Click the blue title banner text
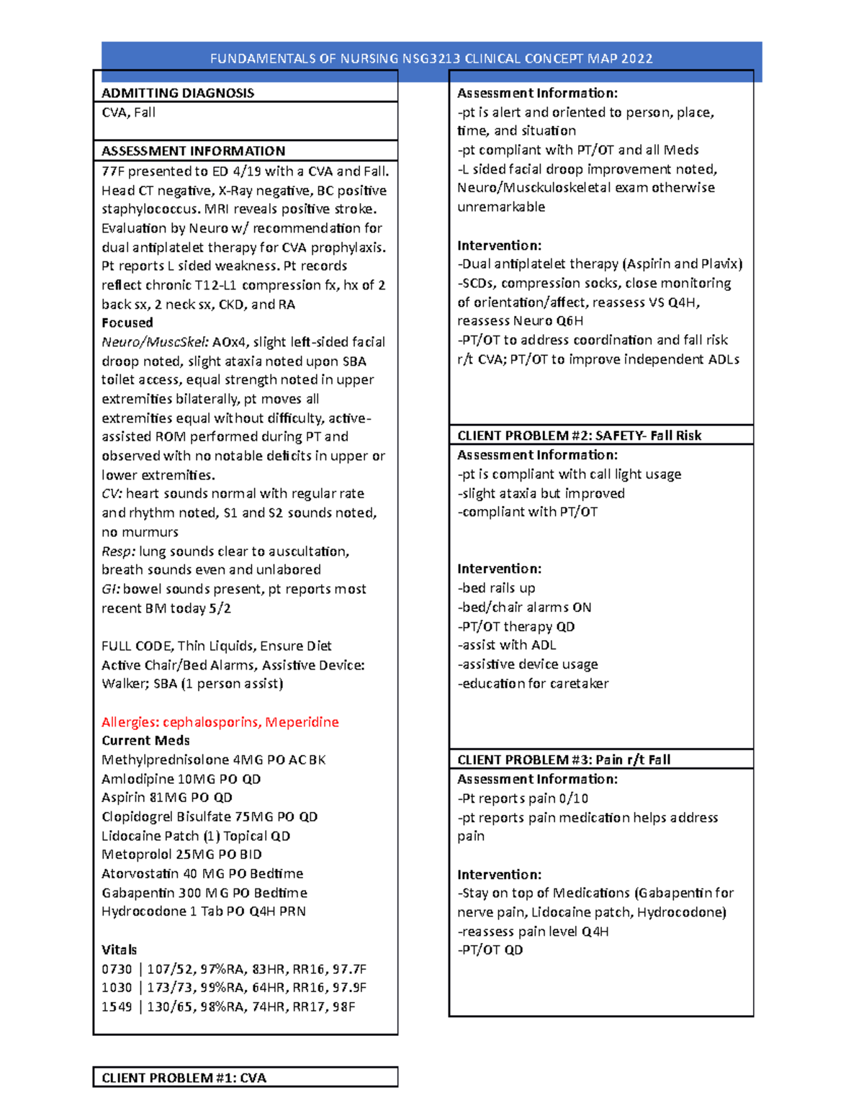click(431, 59)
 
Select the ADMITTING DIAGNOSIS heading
click(177, 93)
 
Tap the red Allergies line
click(220, 722)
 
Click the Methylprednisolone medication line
click(213, 760)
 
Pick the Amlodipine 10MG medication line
click(181, 779)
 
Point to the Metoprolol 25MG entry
click(181, 855)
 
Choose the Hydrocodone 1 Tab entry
click(203, 911)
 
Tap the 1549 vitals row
click(228, 1006)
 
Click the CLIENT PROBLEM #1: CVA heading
click(184, 1078)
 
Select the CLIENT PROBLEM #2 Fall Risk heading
click(579, 436)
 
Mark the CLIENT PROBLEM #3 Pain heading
click(564, 759)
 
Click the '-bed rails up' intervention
click(496, 588)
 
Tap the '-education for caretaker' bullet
click(533, 683)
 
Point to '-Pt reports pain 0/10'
click(523, 798)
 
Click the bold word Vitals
click(119, 950)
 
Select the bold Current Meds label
click(145, 741)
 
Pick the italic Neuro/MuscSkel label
click(155, 342)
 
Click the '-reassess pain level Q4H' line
click(533, 932)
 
